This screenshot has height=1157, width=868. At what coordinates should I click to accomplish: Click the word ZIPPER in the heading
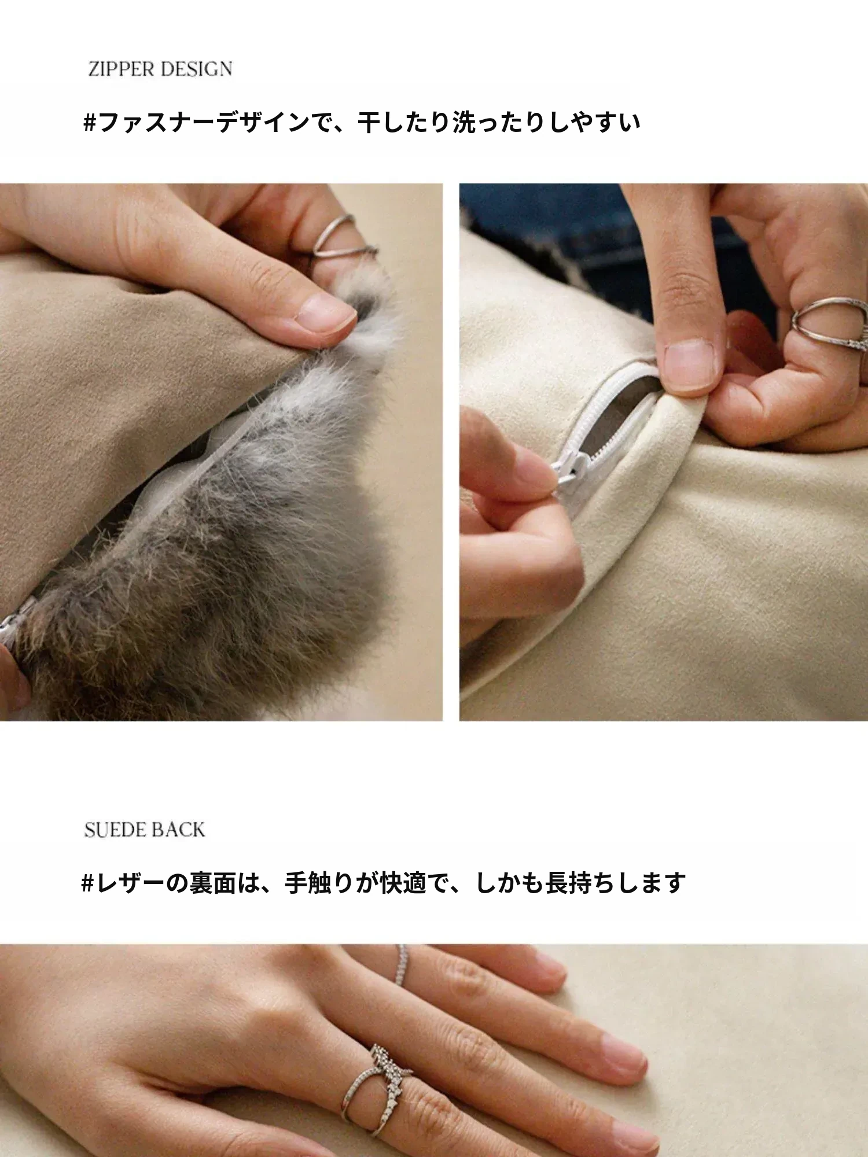122,69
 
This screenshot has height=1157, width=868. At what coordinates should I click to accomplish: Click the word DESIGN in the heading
197,69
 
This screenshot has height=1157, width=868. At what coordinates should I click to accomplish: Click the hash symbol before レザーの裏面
87,883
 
